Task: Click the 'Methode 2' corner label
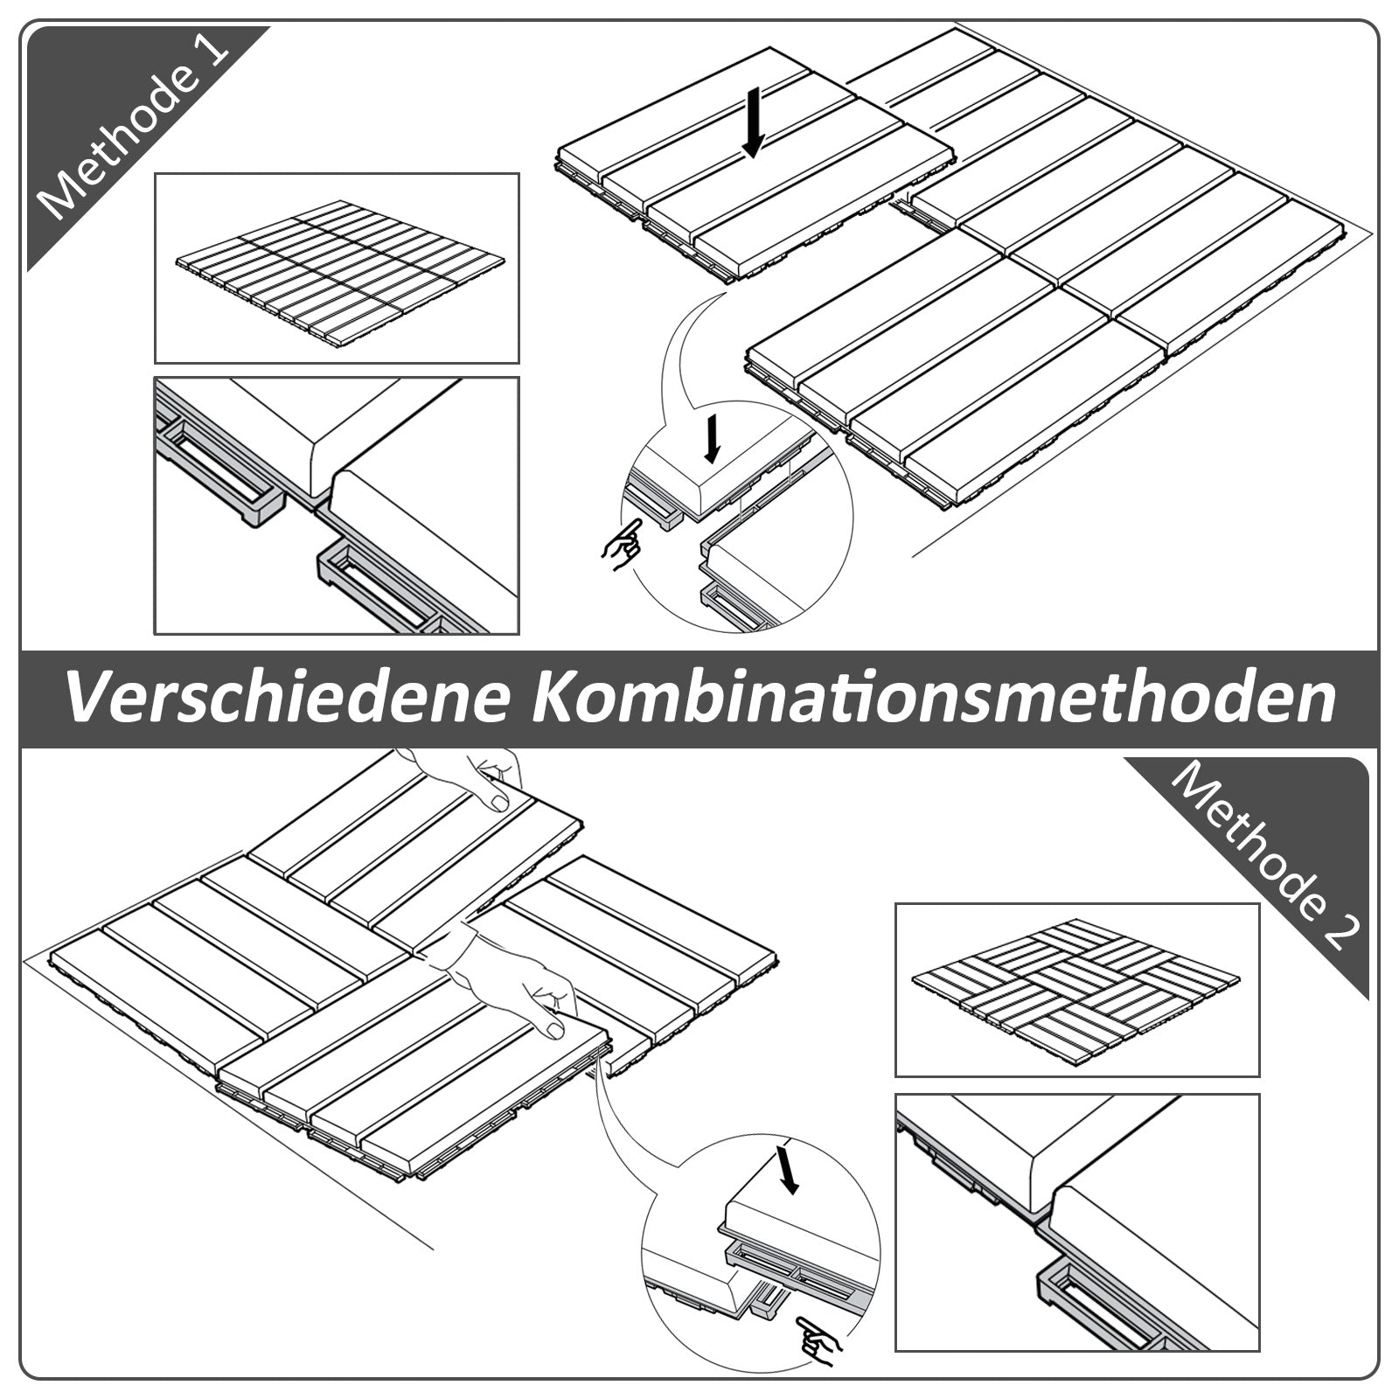[x=1268, y=857]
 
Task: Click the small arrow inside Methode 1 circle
[x=713, y=437]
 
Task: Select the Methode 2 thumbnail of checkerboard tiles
[x=1076, y=989]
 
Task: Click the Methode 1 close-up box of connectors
[x=337, y=505]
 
